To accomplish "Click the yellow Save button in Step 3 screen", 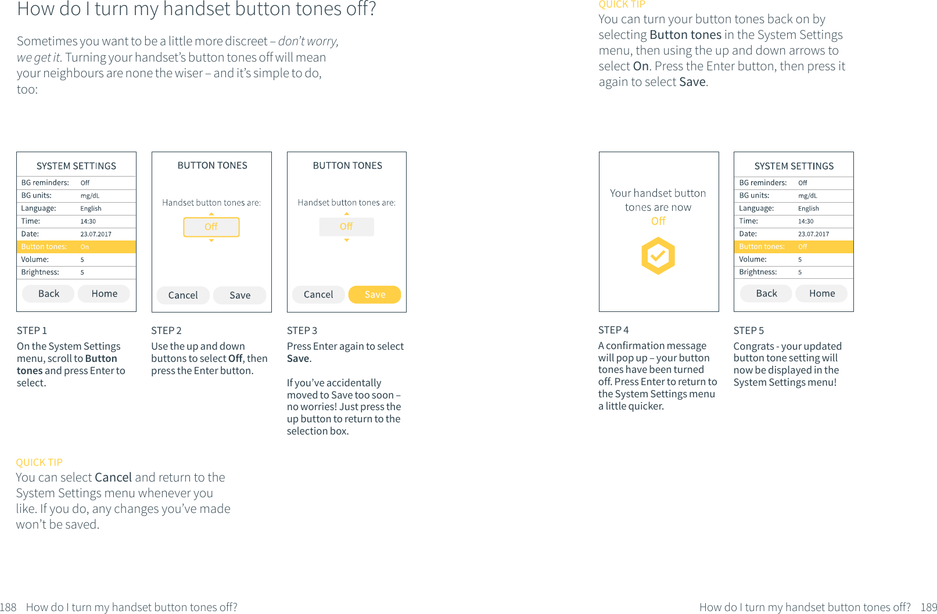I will click(x=375, y=295).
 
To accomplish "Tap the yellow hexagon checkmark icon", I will click(x=658, y=256).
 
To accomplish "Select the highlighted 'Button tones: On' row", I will click(x=76, y=247).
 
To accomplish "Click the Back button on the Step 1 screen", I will click(x=49, y=294).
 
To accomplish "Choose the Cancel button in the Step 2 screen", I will click(x=183, y=295).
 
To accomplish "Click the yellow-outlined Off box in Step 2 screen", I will click(x=211, y=227).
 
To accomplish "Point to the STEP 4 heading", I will click(x=613, y=330).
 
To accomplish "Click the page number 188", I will click(x=8, y=607).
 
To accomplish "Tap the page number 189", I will click(x=928, y=607).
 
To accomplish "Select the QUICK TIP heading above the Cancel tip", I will click(x=39, y=462).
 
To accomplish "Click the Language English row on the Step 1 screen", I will click(x=76, y=209).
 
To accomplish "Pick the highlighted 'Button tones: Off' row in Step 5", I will click(x=794, y=247).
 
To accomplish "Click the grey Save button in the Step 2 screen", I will click(x=240, y=295).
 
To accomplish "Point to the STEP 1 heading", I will click(x=32, y=331).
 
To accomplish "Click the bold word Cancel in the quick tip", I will click(x=113, y=477).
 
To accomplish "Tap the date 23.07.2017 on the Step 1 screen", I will click(x=96, y=234).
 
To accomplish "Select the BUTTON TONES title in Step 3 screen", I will click(x=347, y=166).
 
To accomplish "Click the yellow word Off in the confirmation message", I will click(x=658, y=221).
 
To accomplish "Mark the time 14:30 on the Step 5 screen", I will click(x=806, y=221).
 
